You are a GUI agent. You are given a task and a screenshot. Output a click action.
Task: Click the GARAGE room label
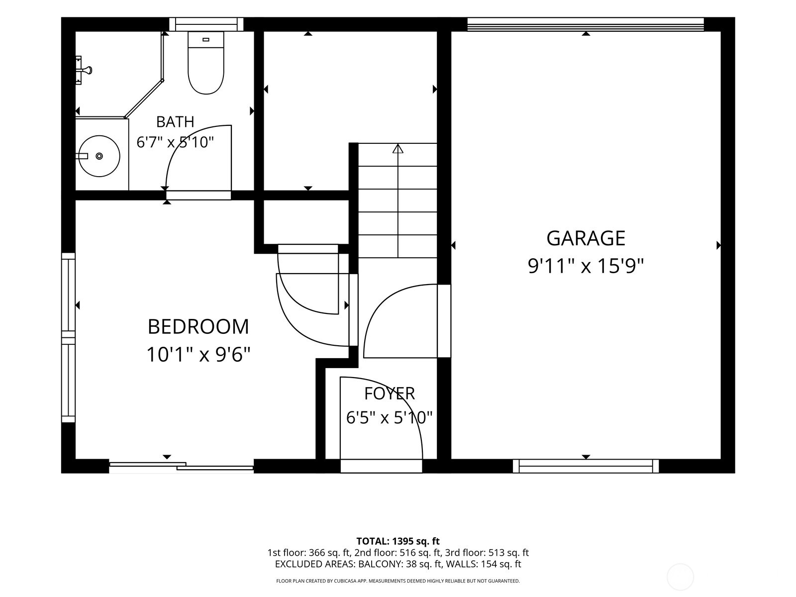point(585,238)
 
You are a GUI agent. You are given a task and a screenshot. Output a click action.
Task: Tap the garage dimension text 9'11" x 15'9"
point(585,267)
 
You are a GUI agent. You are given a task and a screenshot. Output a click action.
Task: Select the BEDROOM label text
point(199,326)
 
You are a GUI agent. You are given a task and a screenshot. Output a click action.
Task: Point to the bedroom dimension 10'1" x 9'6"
point(199,355)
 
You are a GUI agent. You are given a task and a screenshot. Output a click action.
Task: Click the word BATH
point(175,122)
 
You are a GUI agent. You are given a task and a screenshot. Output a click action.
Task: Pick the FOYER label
point(389,394)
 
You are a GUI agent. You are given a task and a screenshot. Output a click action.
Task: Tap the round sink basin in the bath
point(99,156)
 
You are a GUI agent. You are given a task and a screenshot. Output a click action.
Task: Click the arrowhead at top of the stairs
point(398,148)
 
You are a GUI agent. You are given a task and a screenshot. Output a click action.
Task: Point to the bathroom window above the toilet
point(206,24)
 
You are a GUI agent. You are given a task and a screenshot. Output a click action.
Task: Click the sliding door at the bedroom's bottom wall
point(181,466)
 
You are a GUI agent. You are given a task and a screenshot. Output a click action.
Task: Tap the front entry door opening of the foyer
point(381,466)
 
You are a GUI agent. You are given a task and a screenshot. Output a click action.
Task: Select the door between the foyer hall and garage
point(444,321)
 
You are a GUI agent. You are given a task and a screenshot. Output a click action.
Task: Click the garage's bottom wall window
point(586,466)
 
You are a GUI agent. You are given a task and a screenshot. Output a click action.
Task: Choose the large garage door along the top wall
point(586,24)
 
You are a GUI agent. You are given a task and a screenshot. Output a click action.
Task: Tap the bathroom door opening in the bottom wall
point(199,195)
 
